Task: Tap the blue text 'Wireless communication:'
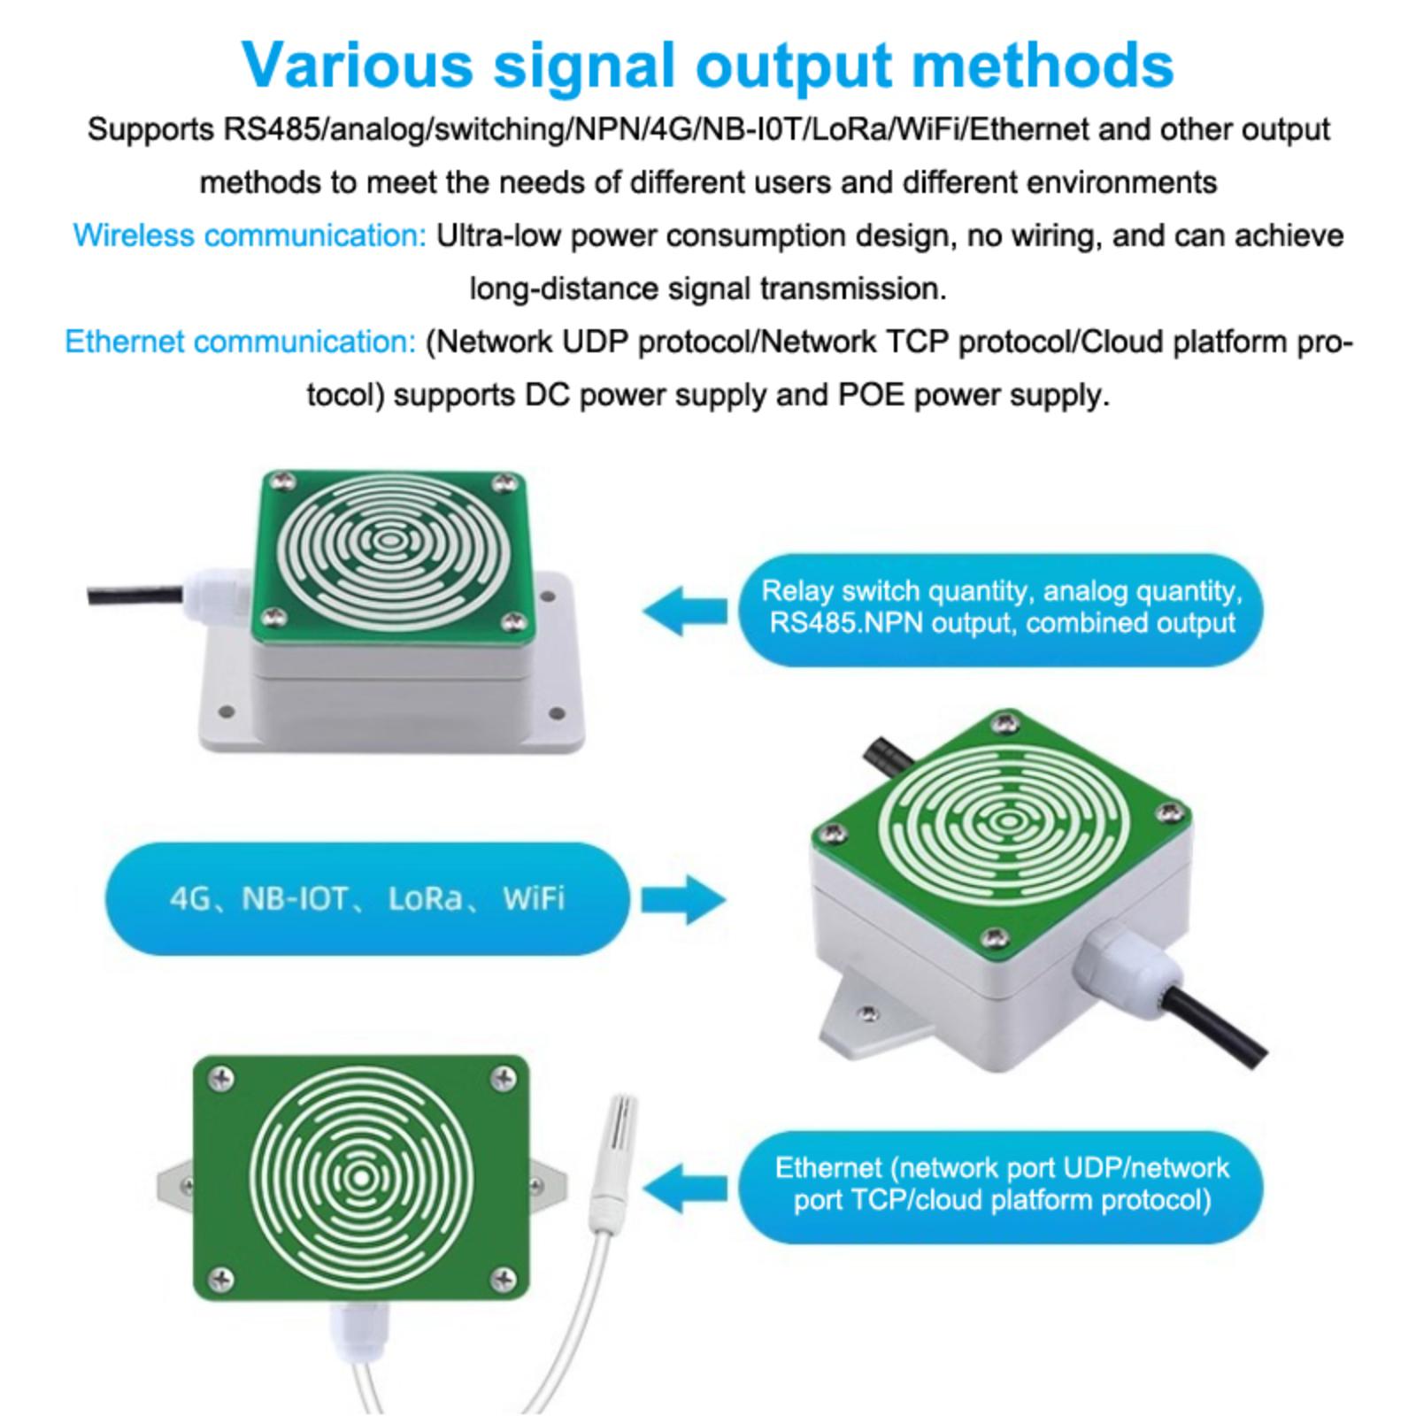click(250, 235)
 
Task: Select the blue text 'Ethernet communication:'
click(240, 342)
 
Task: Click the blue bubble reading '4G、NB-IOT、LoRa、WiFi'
click(367, 898)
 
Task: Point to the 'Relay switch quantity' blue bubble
click(1001, 607)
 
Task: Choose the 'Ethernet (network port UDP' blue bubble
click(1001, 1184)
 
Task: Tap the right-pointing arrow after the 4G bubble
click(683, 899)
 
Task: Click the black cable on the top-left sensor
click(133, 594)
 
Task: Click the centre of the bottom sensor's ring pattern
click(361, 1178)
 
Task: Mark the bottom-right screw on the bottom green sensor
click(504, 1276)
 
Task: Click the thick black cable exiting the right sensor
click(1221, 1023)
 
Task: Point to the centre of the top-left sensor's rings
click(386, 539)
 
